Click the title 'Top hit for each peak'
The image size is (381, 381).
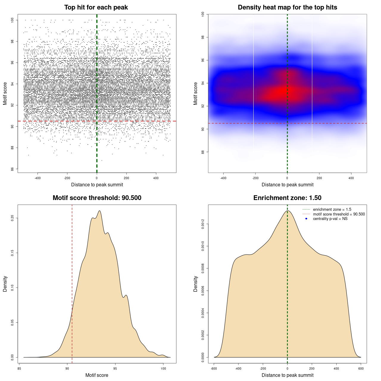pyautogui.click(x=96, y=7)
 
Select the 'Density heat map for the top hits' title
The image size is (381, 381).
pyautogui.click(x=287, y=7)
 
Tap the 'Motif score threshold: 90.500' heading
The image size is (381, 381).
pyautogui.click(x=97, y=198)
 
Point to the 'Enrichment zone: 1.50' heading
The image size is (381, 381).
pyautogui.click(x=287, y=198)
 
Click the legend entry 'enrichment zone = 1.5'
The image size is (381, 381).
pyautogui.click(x=332, y=210)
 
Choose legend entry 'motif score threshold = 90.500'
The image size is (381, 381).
pyautogui.click(x=339, y=214)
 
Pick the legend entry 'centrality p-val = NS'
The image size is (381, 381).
pyautogui.click(x=330, y=219)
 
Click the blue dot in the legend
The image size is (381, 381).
pyautogui.click(x=306, y=219)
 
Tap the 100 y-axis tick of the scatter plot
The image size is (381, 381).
pyautogui.click(x=12, y=20)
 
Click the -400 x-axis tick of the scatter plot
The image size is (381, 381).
pyautogui.click(x=38, y=178)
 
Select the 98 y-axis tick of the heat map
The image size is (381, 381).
pyautogui.click(x=203, y=37)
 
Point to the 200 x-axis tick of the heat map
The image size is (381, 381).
pyautogui.click(x=319, y=178)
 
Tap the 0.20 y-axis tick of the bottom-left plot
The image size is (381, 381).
pyautogui.click(x=12, y=218)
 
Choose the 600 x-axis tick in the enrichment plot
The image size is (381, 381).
pyautogui.click(x=361, y=368)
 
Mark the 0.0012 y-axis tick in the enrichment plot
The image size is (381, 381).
pyautogui.click(x=203, y=224)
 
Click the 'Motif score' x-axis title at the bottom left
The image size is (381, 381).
pyautogui.click(x=97, y=375)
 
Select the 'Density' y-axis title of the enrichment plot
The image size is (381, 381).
pyautogui.click(x=196, y=284)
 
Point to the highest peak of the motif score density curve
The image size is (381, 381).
pyautogui.click(x=100, y=211)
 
